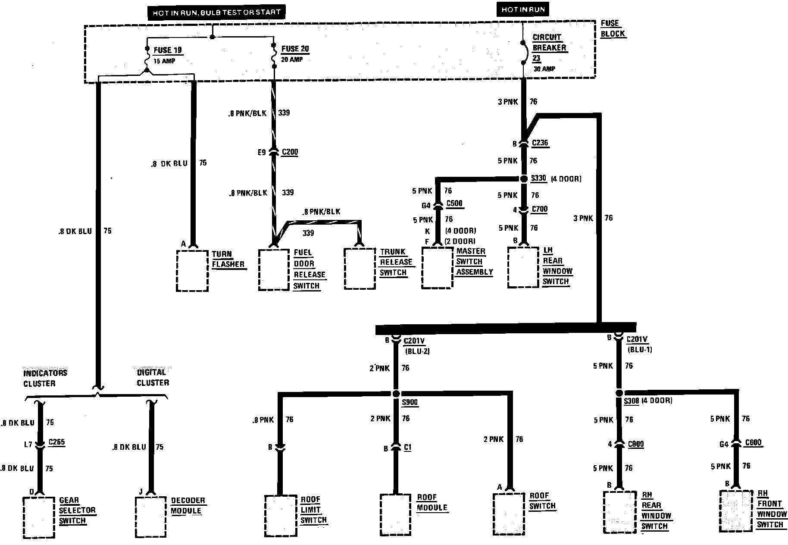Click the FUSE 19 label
point(167,50)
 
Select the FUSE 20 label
point(295,49)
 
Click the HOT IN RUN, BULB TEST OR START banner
point(216,13)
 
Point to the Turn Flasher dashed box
point(192,270)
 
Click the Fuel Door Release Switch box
point(274,269)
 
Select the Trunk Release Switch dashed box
point(360,268)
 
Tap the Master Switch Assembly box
point(437,267)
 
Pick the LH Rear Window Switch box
point(523,267)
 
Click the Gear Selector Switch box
point(39,517)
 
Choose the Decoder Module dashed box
point(151,517)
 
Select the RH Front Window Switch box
point(736,511)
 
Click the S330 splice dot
point(524,179)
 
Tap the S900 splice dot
point(396,394)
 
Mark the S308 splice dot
point(619,393)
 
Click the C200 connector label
point(290,152)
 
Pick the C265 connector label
point(56,442)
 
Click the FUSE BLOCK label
point(613,28)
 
